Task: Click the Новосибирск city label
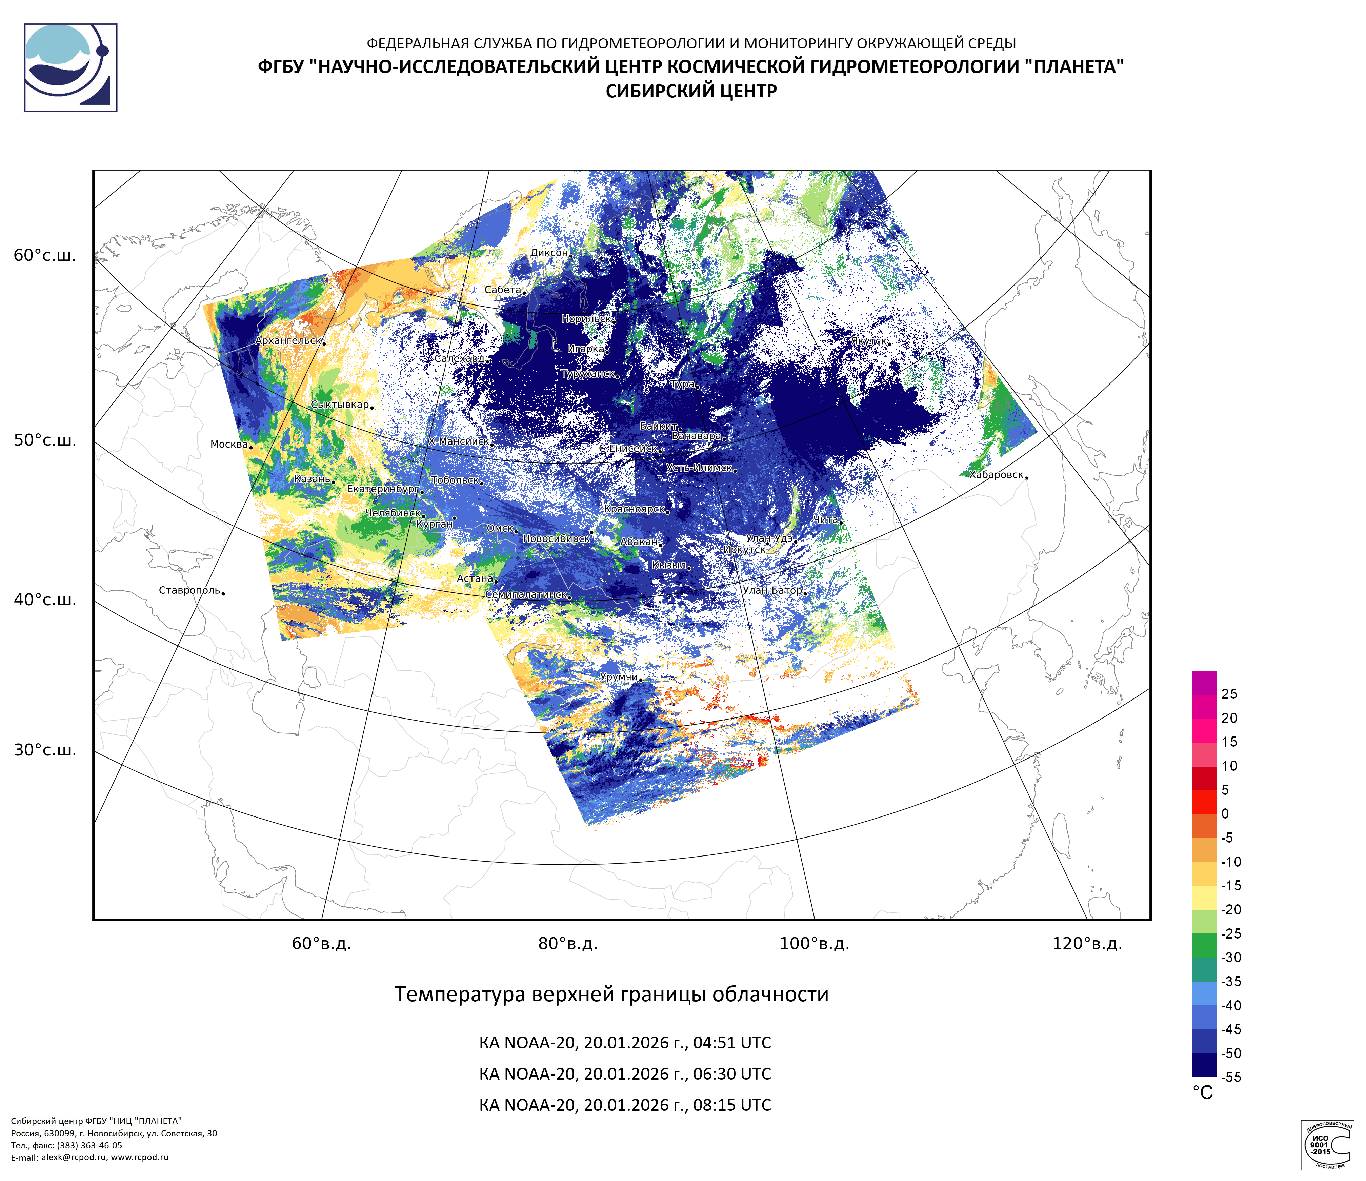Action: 557,539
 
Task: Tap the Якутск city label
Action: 868,341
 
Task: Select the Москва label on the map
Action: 229,445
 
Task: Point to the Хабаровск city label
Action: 996,475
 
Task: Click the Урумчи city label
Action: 618,677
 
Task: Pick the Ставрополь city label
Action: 189,590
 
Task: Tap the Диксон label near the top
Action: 548,253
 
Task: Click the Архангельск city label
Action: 288,341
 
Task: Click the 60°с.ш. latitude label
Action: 45,256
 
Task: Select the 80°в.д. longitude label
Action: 568,944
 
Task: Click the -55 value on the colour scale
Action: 1231,1077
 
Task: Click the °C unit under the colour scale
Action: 1203,1093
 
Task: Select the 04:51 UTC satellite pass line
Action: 624,1043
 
